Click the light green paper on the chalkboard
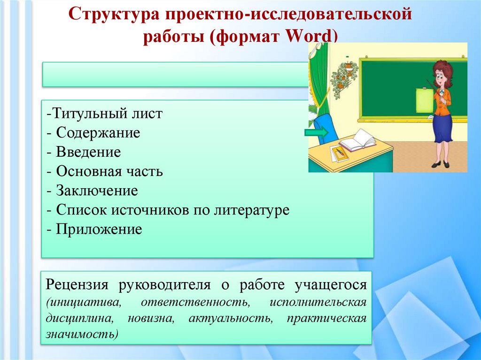(424, 100)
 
